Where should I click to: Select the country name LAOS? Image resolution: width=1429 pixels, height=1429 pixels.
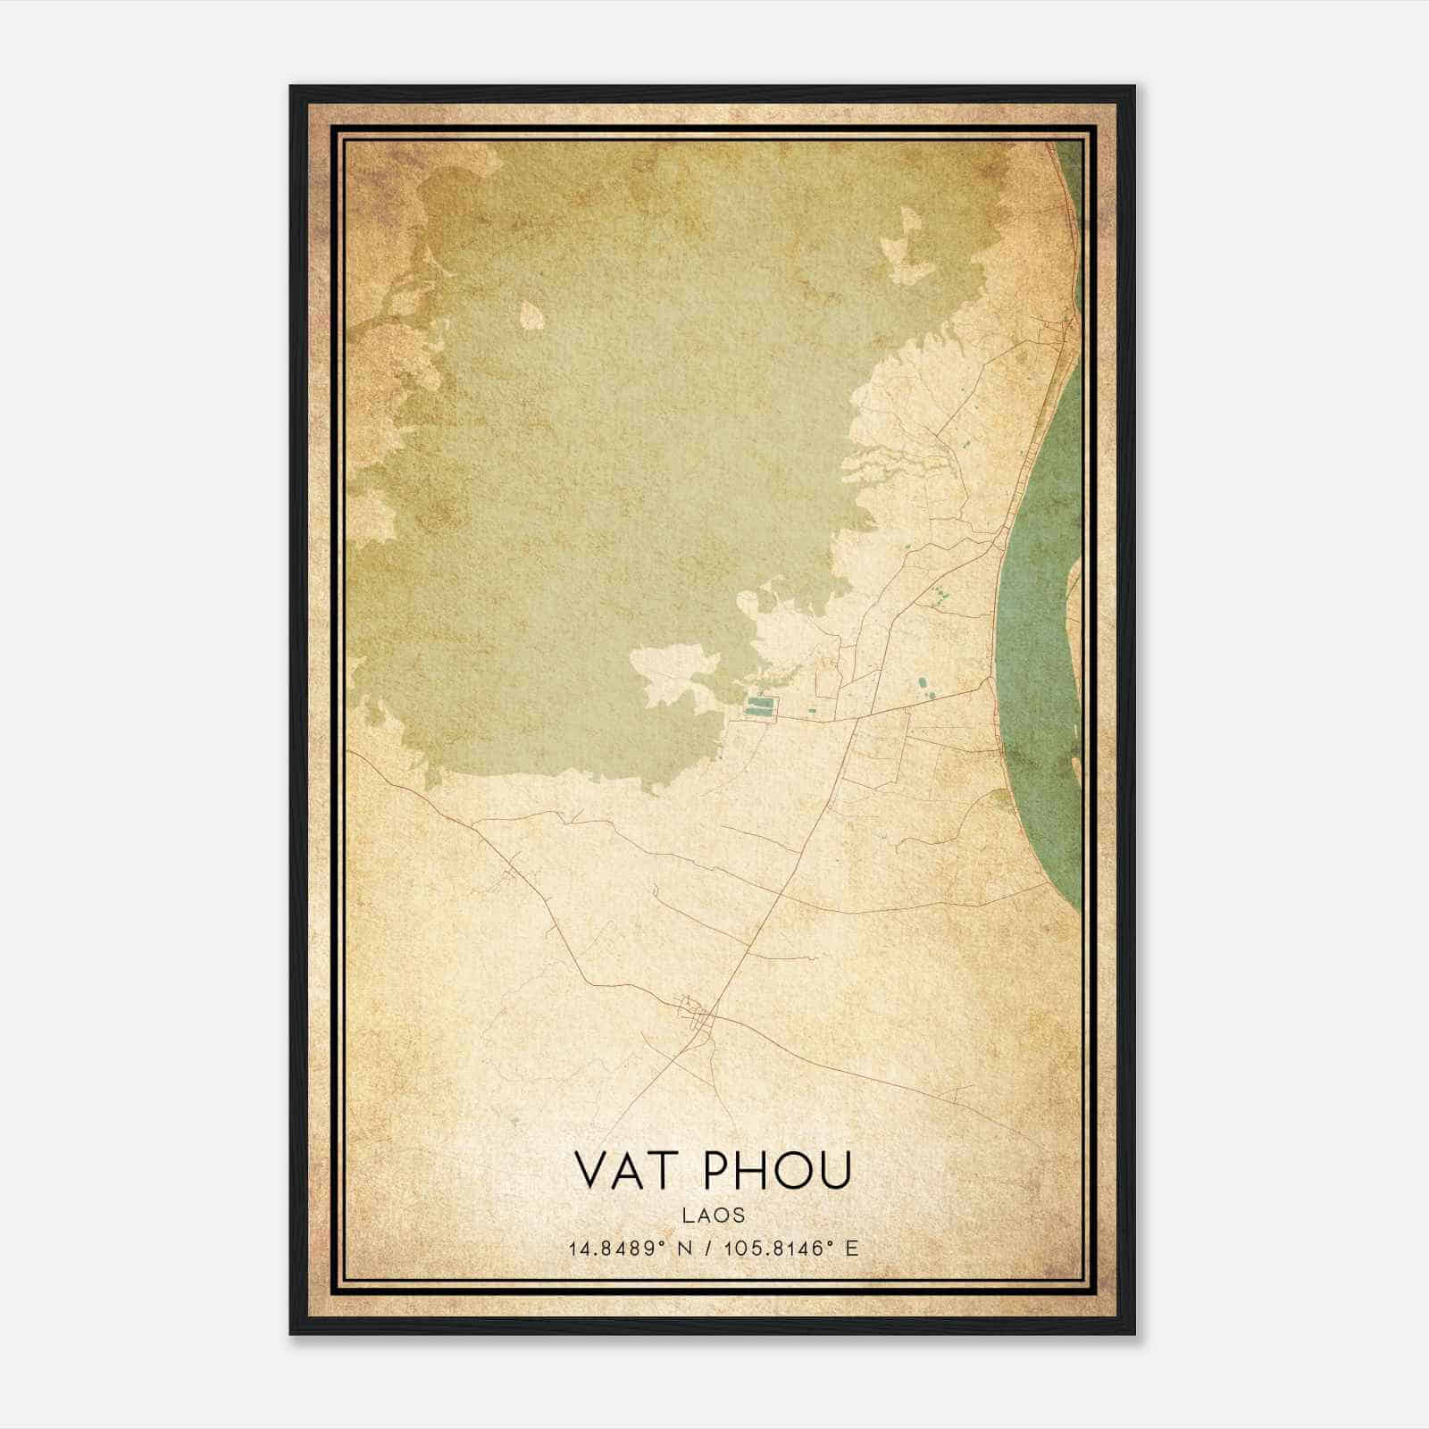point(714,1215)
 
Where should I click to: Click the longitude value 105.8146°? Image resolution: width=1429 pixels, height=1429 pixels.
point(773,1249)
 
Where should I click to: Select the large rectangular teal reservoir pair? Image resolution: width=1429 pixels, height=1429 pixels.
point(761,708)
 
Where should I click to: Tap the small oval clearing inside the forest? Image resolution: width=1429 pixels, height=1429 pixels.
point(531,314)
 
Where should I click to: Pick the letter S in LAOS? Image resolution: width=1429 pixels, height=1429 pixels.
point(738,1215)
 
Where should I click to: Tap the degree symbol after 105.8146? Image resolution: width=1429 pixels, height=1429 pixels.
point(830,1243)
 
